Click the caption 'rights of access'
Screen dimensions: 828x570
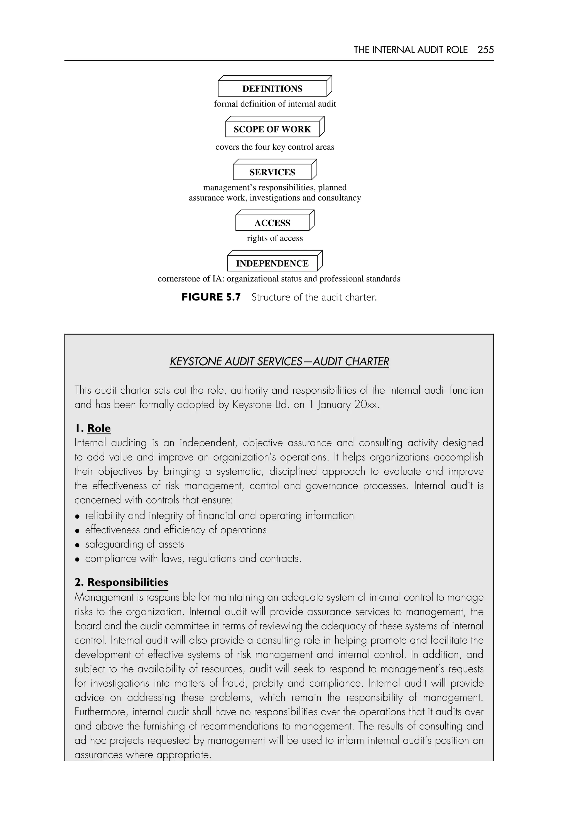tap(275, 238)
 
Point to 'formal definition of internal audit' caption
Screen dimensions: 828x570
tap(275, 104)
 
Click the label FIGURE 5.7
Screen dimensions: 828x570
tap(211, 297)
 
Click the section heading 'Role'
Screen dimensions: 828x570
tap(99, 428)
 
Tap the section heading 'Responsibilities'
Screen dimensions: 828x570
tap(127, 582)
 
